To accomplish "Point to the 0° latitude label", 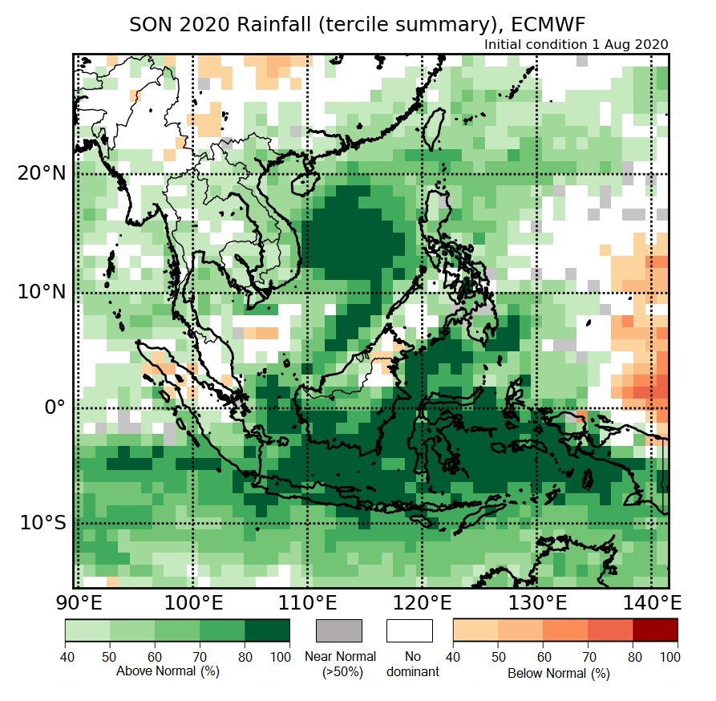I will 53,407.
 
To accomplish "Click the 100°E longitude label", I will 192,602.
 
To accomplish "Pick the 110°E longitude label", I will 307,602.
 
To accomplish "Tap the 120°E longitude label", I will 422,602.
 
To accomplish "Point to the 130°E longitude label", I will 536,602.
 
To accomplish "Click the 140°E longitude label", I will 651,602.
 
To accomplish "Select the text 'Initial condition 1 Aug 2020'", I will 576,45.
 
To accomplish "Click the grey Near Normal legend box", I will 340,630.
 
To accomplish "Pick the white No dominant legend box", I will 409,630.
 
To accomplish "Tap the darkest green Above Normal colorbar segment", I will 268,630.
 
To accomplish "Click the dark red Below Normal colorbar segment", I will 655,630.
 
